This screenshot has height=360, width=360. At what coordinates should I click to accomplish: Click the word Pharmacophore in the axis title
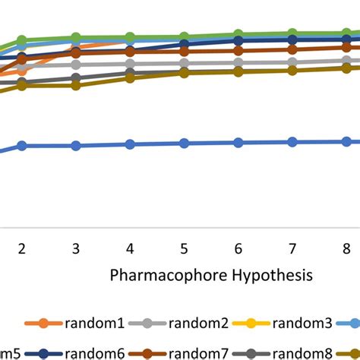point(156,273)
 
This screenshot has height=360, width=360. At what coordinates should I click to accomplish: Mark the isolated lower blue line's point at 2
point(22,146)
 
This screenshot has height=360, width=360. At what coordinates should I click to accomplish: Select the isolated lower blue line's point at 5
point(184,144)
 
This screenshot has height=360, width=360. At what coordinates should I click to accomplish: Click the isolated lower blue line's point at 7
point(292,142)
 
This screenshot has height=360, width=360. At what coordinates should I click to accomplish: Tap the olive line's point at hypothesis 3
point(76,85)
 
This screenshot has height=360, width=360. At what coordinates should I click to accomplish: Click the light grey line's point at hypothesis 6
point(238,63)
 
